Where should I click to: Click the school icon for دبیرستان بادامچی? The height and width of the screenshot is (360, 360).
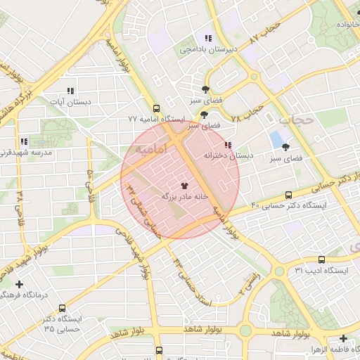coord(207,38)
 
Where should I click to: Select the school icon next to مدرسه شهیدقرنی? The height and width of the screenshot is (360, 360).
coord(25,141)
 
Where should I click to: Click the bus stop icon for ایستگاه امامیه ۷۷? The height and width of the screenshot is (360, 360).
coord(155,109)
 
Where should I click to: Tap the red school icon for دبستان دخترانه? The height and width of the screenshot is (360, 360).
coord(227,145)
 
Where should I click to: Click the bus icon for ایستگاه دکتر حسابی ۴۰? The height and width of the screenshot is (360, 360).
coord(288,195)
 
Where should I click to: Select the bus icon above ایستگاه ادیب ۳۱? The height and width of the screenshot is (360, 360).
coord(321,259)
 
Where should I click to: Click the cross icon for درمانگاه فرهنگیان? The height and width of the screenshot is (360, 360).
coord(19,284)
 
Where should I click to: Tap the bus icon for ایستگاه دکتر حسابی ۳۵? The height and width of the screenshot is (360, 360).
coord(63,308)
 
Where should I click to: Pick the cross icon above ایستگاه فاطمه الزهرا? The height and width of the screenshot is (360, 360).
coord(343,337)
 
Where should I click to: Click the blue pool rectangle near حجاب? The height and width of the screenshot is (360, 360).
coord(276,139)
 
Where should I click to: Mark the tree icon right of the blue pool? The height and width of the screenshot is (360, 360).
coord(285,147)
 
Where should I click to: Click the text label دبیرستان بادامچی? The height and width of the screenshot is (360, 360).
coord(207,49)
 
